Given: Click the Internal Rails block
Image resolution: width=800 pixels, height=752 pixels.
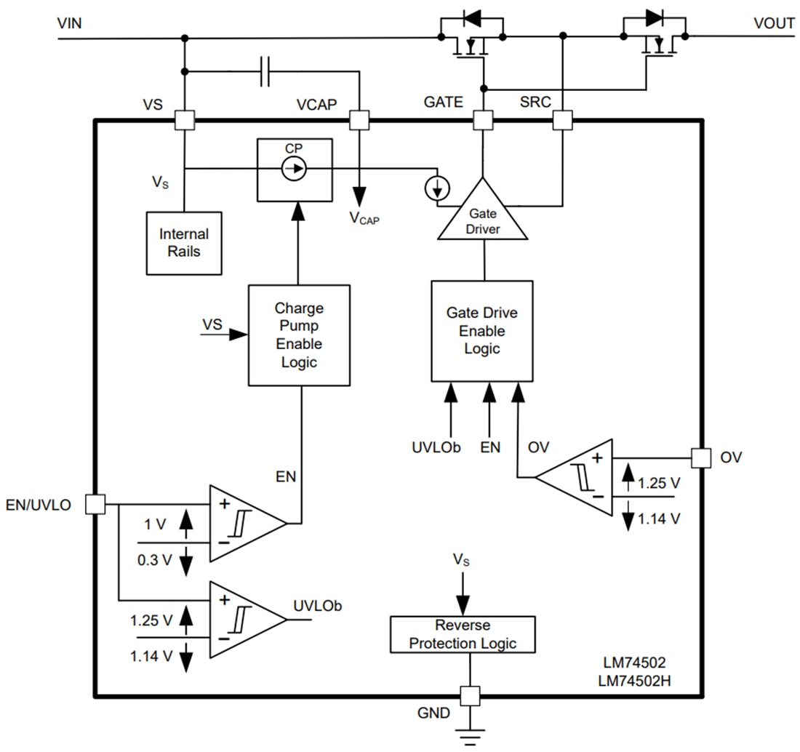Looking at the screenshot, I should click(x=184, y=243).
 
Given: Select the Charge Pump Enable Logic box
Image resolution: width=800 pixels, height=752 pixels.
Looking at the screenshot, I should click(x=299, y=335).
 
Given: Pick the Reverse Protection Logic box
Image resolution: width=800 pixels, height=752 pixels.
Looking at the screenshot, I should click(x=463, y=634).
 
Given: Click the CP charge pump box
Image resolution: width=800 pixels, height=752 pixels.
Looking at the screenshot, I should click(x=295, y=170).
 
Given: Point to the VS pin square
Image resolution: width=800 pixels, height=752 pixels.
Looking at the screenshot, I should click(x=185, y=120).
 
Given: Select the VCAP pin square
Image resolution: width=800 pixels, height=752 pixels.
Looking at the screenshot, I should click(x=359, y=120).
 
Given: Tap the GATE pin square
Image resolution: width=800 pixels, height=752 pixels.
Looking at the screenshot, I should click(x=483, y=120).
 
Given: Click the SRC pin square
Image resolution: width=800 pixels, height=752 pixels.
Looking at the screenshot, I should click(x=562, y=120).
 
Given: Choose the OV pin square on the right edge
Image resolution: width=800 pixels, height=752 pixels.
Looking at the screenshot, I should click(x=701, y=457).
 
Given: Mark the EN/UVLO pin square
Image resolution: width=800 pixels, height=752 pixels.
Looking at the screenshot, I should click(x=95, y=503).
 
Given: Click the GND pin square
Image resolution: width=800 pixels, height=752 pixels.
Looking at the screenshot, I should click(x=470, y=696).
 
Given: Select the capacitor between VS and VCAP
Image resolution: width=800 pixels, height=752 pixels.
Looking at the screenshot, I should click(x=265, y=71).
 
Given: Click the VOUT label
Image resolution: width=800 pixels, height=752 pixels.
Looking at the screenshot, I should click(x=774, y=23).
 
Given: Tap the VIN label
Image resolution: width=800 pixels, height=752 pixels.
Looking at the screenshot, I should click(x=69, y=23).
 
